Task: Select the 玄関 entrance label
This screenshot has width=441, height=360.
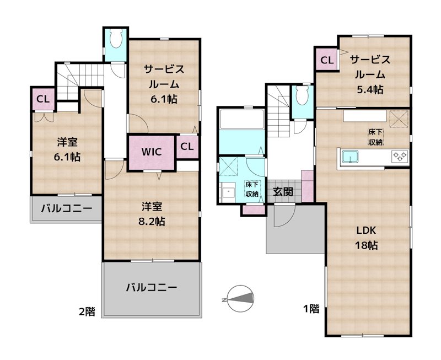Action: pos(283,192)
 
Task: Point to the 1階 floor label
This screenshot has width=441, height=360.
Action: pos(310,309)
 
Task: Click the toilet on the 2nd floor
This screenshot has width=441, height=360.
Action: pos(116,40)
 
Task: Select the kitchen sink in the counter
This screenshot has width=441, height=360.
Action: pos(350,157)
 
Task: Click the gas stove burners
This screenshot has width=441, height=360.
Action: pos(399,157)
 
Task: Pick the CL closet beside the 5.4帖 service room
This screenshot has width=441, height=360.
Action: pos(326,60)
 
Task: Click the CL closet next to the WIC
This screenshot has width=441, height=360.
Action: pos(187,147)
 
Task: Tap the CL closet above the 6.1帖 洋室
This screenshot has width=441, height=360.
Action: pos(42,99)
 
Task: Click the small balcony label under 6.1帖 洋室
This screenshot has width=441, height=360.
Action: pos(66,209)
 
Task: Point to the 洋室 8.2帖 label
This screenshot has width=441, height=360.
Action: pos(153,214)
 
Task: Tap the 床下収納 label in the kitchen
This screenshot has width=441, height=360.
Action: pos(376,137)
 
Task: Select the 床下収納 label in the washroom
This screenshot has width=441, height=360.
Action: pos(252,189)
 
